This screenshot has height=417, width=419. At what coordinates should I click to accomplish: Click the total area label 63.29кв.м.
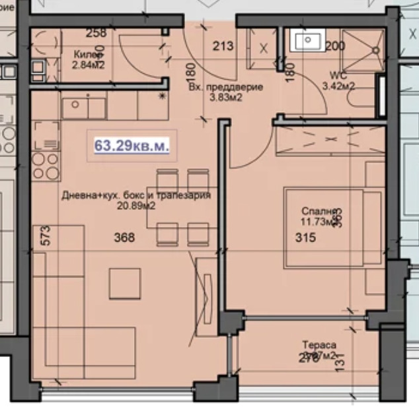[x=132, y=145]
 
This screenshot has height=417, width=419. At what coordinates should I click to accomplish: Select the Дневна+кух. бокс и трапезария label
[x=136, y=196]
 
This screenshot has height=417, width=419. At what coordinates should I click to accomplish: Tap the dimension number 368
[x=124, y=238]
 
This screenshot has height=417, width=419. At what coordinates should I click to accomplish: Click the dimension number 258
[x=96, y=34]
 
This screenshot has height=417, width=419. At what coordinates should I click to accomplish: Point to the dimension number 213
[x=223, y=46]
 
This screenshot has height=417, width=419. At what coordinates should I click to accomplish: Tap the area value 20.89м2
[x=136, y=206]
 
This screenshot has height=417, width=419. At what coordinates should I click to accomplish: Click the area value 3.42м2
[x=338, y=86]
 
